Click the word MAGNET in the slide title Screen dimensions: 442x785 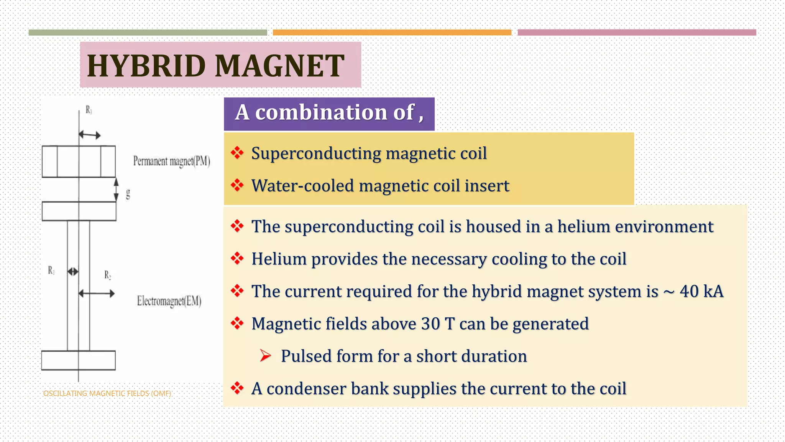[279, 66]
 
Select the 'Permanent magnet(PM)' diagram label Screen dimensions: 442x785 [171, 161]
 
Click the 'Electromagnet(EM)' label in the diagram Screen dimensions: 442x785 [169, 301]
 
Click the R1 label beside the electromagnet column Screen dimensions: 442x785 [51, 270]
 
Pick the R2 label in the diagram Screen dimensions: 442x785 [108, 275]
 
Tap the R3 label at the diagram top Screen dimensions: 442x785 [89, 110]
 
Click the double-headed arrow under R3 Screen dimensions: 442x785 [90, 135]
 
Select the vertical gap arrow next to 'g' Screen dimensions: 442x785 [117, 190]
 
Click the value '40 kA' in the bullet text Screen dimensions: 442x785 [701, 291]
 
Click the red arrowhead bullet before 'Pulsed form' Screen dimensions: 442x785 [265, 356]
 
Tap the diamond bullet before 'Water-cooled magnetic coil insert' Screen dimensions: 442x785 [237, 185]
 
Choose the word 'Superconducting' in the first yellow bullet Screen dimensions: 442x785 [316, 153]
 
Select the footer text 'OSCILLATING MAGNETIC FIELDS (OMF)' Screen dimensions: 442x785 [107, 394]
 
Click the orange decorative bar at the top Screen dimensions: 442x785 [392, 33]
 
